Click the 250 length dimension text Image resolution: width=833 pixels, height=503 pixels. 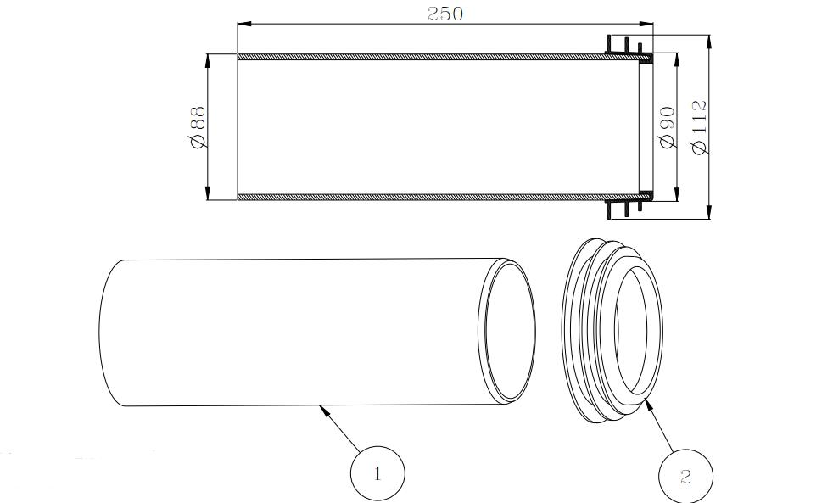(444, 14)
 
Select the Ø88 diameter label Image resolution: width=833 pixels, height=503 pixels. (197, 127)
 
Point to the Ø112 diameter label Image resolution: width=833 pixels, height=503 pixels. (700, 127)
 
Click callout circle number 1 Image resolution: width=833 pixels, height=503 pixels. (377, 472)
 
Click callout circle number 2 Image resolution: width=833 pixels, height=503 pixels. (685, 477)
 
